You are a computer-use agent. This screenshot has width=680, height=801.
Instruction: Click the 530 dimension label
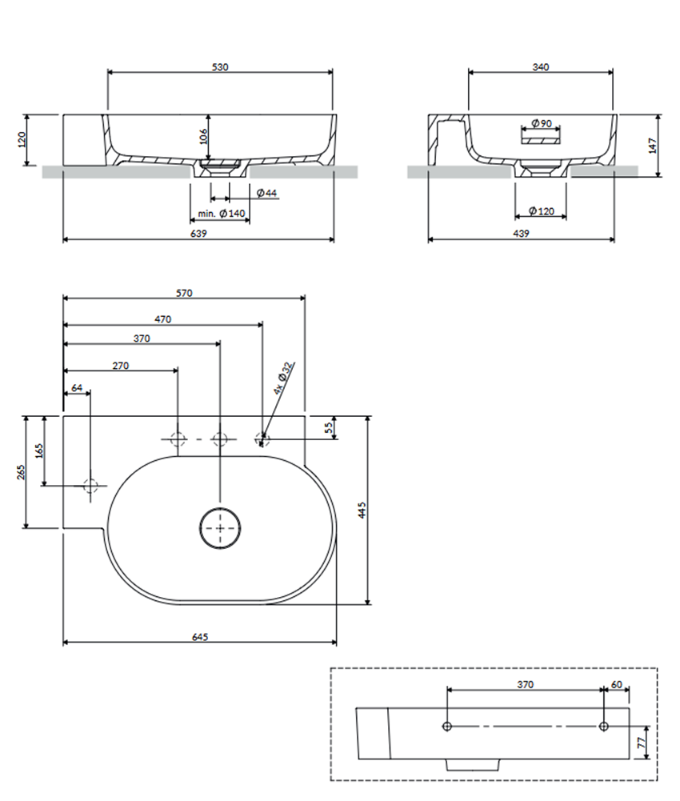220,67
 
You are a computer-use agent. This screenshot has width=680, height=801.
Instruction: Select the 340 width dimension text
541,67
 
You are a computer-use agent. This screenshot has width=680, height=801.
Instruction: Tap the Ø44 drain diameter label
266,193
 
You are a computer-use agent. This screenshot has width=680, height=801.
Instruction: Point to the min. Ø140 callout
222,214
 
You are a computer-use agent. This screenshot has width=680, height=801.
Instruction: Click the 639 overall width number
198,234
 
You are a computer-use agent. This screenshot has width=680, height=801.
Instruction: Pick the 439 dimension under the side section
521,234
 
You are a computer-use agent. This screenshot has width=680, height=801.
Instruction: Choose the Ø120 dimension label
542,211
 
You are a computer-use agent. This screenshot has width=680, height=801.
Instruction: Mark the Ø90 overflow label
542,123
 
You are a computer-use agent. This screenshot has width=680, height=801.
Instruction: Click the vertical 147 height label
653,146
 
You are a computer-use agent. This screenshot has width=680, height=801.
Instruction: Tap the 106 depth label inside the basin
203,136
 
